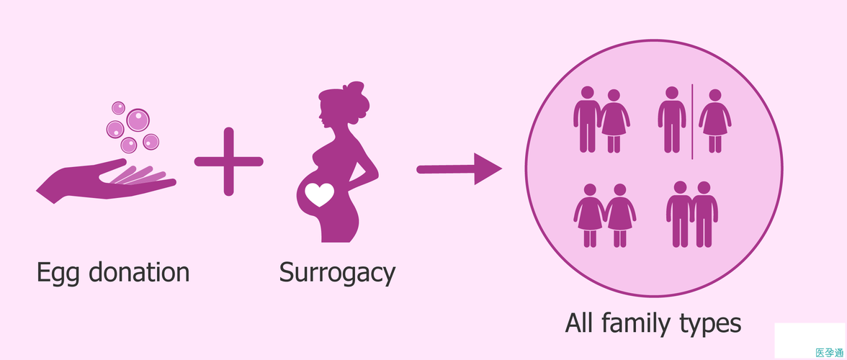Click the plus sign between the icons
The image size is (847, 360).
point(229,161)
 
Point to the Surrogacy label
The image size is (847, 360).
point(337,274)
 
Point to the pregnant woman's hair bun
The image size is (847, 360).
point(354,92)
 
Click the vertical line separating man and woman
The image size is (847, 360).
point(692,121)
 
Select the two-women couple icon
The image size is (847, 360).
point(605,215)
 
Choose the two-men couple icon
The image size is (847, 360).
point(691,213)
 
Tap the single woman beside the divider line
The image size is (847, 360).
point(714,121)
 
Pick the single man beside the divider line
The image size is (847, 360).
point(671,120)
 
